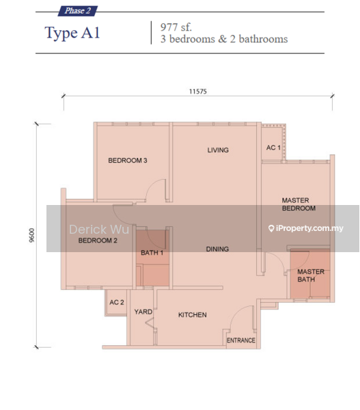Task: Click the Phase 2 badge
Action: (x=78, y=11)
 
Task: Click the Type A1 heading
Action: (x=72, y=33)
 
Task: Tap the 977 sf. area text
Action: (x=176, y=27)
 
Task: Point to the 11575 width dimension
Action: (x=198, y=92)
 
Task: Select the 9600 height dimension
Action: (x=31, y=235)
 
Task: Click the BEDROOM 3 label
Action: (x=128, y=161)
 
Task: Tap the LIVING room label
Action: (x=218, y=150)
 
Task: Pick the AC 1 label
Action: (x=273, y=148)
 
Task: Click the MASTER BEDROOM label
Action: (x=299, y=204)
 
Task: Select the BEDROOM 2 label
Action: (x=98, y=241)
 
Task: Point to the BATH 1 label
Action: (x=152, y=253)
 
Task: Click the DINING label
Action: (x=217, y=249)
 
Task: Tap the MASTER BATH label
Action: (x=311, y=275)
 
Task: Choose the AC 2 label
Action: (x=117, y=302)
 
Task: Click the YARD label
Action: (x=143, y=312)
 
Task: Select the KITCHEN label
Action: (x=193, y=315)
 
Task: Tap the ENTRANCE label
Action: (x=240, y=340)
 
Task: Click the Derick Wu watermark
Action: (x=99, y=230)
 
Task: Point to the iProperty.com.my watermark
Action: (x=306, y=228)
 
